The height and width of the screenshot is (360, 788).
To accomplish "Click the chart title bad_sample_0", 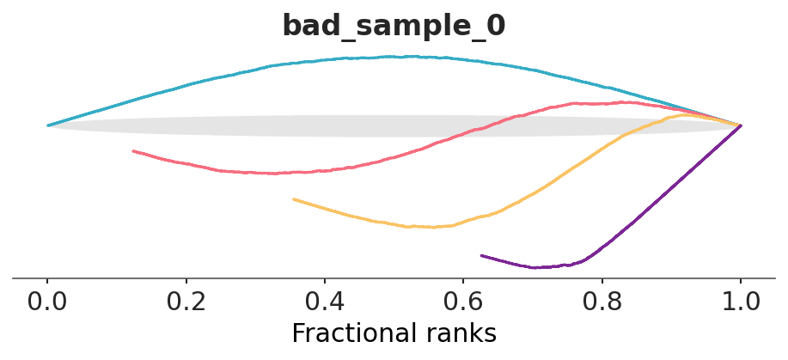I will [394, 26].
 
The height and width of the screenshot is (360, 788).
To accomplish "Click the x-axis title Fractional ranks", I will [394, 333].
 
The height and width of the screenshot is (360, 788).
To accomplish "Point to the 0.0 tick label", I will [47, 302].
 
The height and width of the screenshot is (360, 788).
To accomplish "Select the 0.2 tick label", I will [186, 302].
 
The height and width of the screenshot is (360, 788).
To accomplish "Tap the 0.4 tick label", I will [324, 302].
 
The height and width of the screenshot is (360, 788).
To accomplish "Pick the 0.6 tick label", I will [463, 302].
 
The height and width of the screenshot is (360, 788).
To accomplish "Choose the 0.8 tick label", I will [602, 302].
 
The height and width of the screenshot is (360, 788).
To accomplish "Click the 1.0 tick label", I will [741, 302].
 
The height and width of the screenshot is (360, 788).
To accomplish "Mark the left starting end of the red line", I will [133, 151].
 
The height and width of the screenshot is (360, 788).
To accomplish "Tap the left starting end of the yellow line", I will [294, 199].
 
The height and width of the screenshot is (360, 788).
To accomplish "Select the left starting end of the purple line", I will [481, 255].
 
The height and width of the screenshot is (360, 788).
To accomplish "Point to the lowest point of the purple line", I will [537, 268].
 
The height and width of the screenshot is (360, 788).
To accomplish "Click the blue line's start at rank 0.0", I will [48, 125].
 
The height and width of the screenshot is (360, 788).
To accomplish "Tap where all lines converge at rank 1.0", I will [741, 125].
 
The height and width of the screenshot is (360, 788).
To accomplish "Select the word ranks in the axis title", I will [459, 333].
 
